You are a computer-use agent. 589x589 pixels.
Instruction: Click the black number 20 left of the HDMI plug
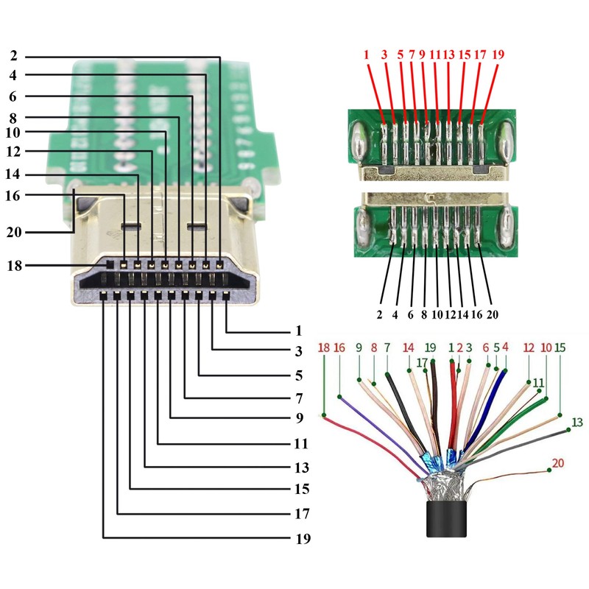click(x=14, y=232)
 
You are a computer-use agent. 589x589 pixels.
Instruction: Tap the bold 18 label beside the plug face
click(x=15, y=266)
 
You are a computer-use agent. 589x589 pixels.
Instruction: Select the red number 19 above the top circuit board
click(x=498, y=54)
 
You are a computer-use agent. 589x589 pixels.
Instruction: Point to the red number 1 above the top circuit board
click(x=366, y=54)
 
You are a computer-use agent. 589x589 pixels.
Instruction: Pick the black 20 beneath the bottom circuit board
click(x=492, y=314)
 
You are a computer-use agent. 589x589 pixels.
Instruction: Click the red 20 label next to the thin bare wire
click(x=558, y=463)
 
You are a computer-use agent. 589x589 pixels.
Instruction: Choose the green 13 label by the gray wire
click(x=577, y=422)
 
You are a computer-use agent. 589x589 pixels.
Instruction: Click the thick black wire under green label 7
click(x=406, y=412)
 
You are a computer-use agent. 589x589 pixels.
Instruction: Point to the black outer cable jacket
click(x=446, y=518)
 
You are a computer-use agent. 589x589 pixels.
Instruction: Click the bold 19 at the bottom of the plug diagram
click(x=303, y=538)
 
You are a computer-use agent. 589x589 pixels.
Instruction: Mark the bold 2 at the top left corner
click(x=14, y=55)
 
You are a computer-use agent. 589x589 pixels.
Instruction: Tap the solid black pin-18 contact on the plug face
click(x=110, y=264)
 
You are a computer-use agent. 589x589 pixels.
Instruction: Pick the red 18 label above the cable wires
click(x=323, y=348)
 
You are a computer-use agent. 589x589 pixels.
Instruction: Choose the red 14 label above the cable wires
click(x=409, y=348)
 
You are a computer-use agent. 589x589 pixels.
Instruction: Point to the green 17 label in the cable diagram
click(x=422, y=362)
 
